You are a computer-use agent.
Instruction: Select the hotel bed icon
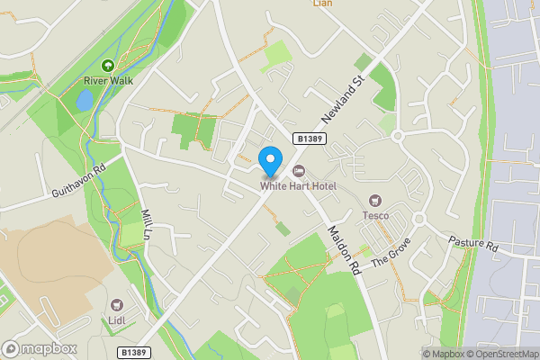[299, 171]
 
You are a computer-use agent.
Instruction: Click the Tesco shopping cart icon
[375, 201]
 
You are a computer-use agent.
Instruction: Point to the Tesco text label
[375, 215]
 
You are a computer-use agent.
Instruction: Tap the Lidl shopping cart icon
[117, 305]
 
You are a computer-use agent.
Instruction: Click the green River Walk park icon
[108, 66]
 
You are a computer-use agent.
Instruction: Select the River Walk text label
[108, 80]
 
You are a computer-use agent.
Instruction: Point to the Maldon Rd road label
[343, 249]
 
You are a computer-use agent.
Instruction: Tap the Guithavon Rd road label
[79, 180]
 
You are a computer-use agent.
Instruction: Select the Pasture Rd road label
[473, 243]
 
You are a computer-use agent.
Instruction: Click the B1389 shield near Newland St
[309, 137]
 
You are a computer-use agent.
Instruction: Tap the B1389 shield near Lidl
[131, 353]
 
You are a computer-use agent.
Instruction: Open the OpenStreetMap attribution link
[507, 354]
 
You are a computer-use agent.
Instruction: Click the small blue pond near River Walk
[84, 101]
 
